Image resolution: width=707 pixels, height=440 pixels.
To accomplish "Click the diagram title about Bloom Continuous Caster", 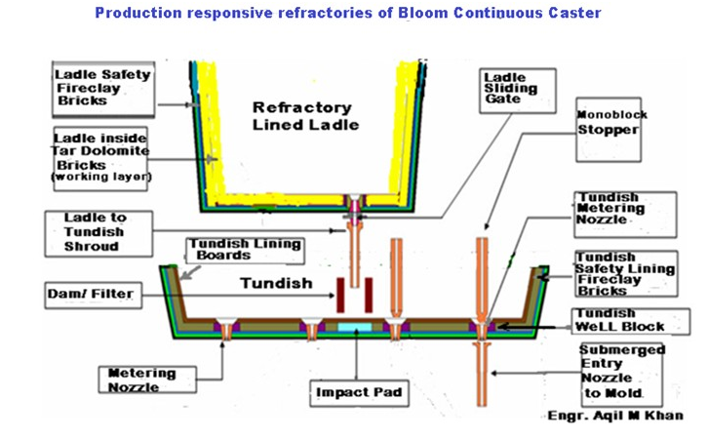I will (x=354, y=14).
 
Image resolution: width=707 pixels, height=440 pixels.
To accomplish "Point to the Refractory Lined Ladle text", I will (x=294, y=115).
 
